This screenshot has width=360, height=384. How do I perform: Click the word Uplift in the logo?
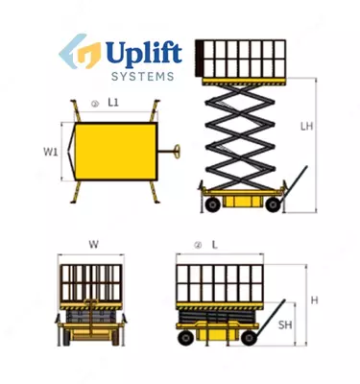tap(144, 55)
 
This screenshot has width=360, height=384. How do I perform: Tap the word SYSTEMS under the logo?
tap(143, 77)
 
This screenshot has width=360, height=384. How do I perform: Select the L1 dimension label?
tap(113, 103)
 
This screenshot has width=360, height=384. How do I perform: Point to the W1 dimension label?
tap(51, 152)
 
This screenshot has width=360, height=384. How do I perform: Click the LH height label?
tap(306, 126)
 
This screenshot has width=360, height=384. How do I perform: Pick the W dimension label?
tap(93, 245)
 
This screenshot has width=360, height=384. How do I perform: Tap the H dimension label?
tap(315, 300)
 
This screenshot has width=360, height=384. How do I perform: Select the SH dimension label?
tap(285, 325)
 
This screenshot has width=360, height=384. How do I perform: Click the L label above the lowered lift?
tap(215, 245)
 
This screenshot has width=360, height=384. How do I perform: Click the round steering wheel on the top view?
tap(177, 152)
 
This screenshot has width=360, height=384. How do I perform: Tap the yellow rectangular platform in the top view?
tap(116, 151)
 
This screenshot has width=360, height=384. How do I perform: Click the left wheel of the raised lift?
tap(212, 204)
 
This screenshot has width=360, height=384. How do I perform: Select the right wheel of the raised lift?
tap(273, 204)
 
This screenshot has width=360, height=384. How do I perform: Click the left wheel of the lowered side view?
tap(185, 338)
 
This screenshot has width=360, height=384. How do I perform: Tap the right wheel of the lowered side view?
tap(250, 338)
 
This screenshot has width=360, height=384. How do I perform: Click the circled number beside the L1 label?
tap(95, 104)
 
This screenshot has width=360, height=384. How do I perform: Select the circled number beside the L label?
tap(198, 246)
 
